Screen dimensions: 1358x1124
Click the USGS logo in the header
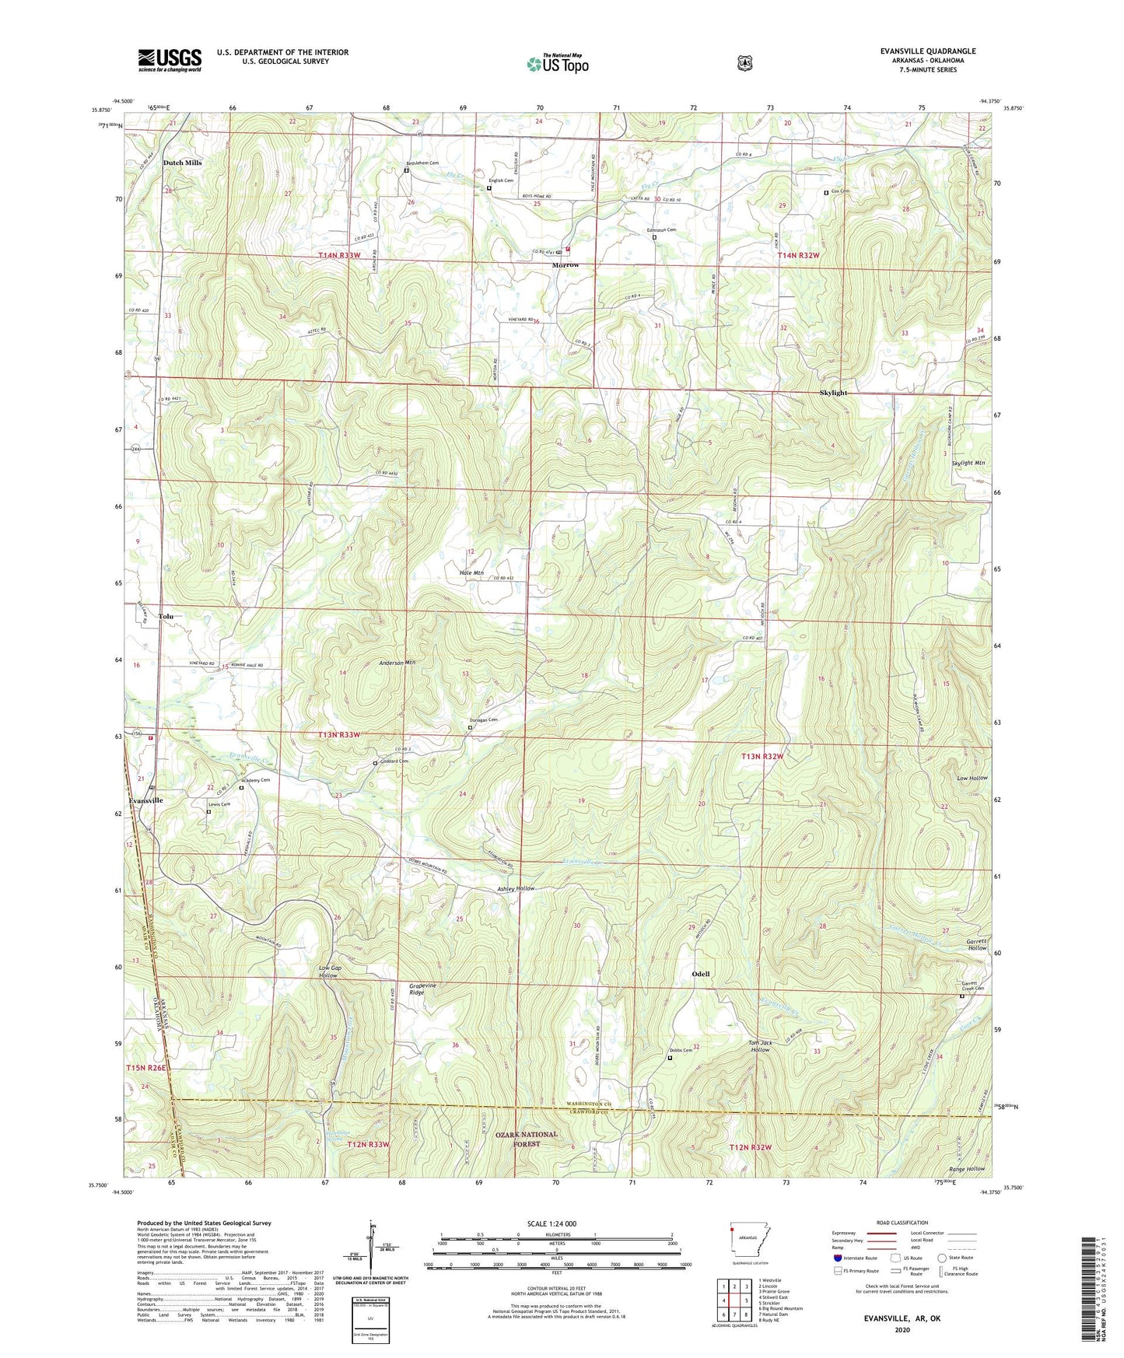(170, 60)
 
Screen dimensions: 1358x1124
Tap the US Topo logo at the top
(557, 63)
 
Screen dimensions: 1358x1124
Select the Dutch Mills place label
(182, 163)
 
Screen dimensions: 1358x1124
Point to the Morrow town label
(566, 265)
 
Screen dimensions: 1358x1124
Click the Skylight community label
(833, 393)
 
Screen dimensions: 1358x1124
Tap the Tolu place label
(166, 616)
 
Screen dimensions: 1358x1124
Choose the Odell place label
(700, 974)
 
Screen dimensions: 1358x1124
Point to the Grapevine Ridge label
(423, 989)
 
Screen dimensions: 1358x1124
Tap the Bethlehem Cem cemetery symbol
(406, 170)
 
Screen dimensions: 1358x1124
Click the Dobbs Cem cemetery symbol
(670, 1058)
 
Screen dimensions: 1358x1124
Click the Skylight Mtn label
(968, 463)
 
